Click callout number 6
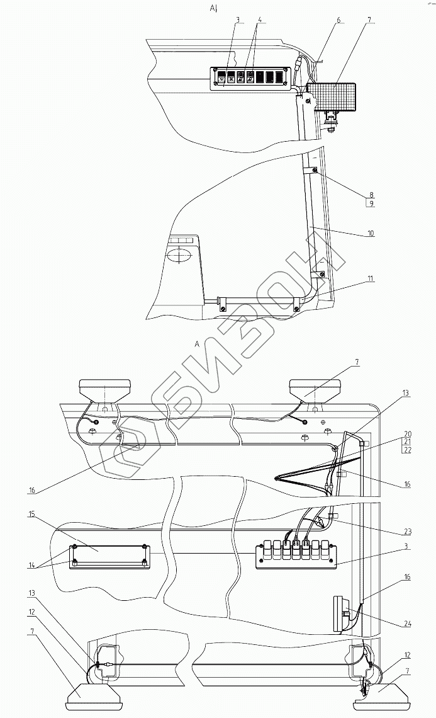(338, 20)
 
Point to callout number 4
(259, 20)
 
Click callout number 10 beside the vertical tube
(371, 233)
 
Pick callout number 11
(371, 278)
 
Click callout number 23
(407, 512)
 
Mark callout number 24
(407, 624)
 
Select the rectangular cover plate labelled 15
(109, 554)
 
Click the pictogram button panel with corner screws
(250, 79)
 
